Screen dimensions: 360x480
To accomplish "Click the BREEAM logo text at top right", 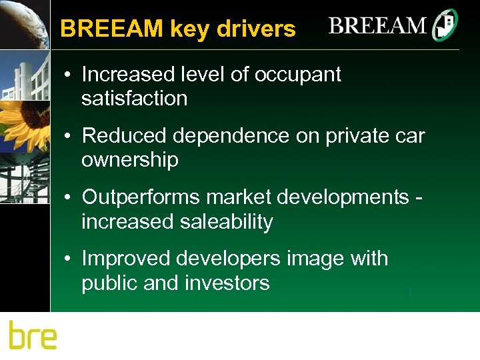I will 377,27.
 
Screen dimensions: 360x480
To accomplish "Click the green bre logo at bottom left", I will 33,335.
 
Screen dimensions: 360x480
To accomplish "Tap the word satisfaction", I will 134,99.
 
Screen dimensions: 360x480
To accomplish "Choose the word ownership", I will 130,160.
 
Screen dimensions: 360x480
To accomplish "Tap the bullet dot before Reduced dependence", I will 69,137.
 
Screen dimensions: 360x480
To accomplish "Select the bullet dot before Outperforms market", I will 69,198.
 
